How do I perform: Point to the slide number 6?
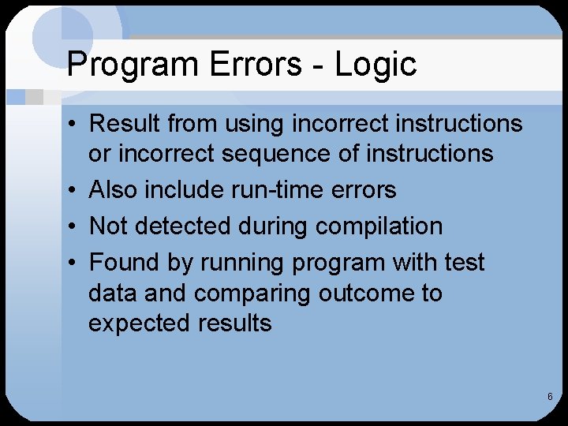point(550,396)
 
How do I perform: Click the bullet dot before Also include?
point(71,191)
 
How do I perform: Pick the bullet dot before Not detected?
point(71,227)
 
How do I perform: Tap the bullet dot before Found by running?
point(71,263)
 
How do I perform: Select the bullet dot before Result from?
point(71,125)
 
